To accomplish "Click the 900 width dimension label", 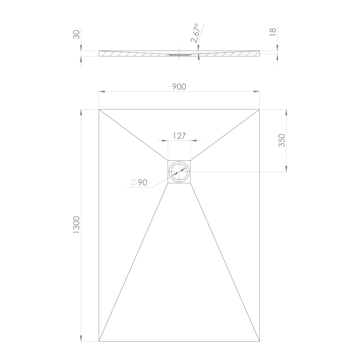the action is click(x=179, y=87).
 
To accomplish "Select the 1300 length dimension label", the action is click(x=76, y=225).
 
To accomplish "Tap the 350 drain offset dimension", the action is click(x=282, y=140).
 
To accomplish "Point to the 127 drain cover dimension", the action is click(x=179, y=136).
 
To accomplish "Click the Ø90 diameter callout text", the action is click(x=139, y=182).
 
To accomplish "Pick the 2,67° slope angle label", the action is click(x=194, y=33).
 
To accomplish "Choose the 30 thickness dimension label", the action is click(x=76, y=34).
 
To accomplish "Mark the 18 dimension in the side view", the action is click(x=272, y=32).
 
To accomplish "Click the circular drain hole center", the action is click(x=179, y=172).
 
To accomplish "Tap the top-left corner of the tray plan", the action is click(x=99, y=110).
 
